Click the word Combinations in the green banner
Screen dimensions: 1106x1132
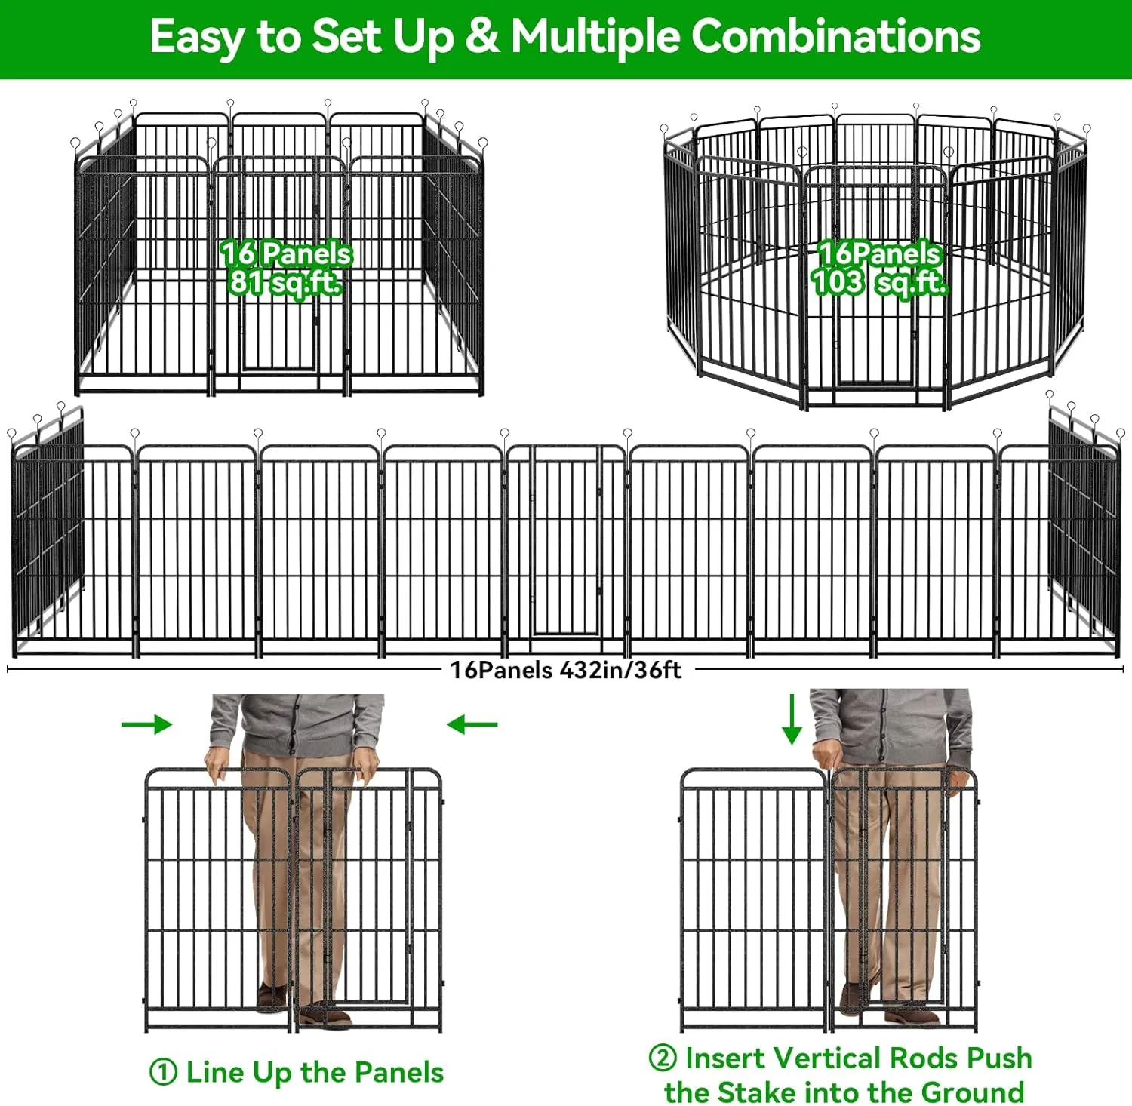[x=835, y=36]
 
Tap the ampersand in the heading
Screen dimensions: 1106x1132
[x=481, y=36]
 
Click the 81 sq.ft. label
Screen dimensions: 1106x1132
[x=285, y=283]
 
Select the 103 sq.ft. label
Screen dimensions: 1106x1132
[x=879, y=283]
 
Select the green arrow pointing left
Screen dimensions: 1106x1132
[x=472, y=724]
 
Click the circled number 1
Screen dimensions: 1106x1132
[x=163, y=1072]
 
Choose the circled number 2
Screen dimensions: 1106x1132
[x=663, y=1057]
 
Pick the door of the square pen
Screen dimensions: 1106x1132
[x=278, y=332]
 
